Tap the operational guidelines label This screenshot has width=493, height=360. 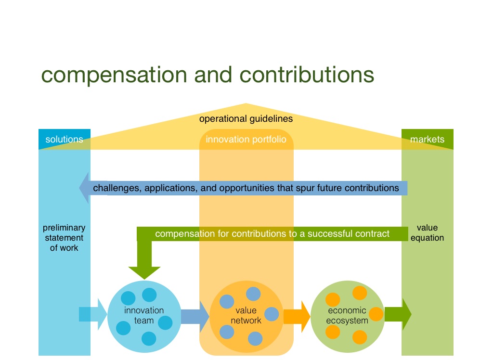tap(246, 119)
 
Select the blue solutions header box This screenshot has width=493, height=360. tap(65, 140)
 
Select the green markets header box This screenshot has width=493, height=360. tap(427, 140)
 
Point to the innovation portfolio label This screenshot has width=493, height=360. tap(246, 140)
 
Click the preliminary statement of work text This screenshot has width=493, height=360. tap(64, 238)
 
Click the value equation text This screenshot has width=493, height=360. tap(427, 232)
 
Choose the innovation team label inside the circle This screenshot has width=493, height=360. tap(144, 315)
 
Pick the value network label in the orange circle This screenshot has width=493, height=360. tap(246, 315)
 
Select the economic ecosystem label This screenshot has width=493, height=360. tap(347, 315)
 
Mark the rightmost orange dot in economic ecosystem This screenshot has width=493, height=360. tap(376, 314)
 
